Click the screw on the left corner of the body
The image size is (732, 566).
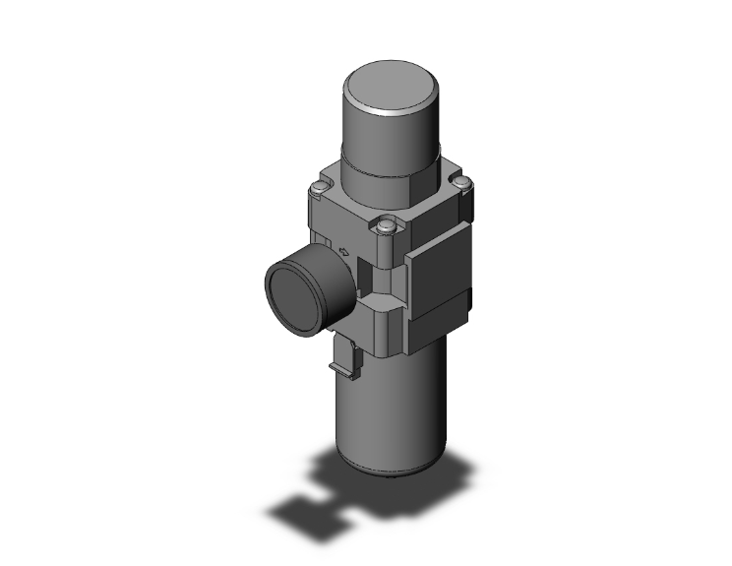point(317,189)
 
